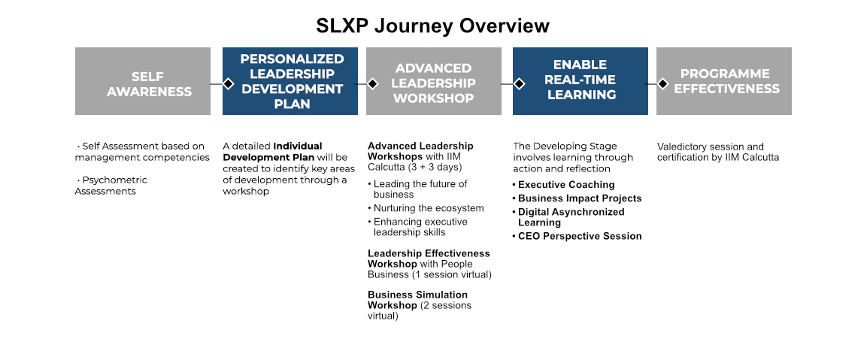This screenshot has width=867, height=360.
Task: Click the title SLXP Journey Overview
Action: coord(433,26)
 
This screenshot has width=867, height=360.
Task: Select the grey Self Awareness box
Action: coord(143,81)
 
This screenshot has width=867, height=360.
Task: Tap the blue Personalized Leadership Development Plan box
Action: coord(290,81)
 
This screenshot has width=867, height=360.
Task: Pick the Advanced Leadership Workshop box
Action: coord(434,81)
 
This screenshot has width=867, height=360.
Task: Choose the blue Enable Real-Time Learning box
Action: coord(581,81)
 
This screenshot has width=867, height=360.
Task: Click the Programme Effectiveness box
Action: coord(724,81)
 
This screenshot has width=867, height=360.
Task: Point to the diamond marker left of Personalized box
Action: coord(229,84)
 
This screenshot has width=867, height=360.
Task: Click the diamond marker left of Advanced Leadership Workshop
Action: coord(373,84)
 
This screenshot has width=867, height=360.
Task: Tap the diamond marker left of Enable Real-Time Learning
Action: coord(519,84)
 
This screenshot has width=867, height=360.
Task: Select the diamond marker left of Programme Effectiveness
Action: coord(663,84)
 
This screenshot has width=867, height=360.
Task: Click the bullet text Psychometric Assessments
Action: coord(111,186)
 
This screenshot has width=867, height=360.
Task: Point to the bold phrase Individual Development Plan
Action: coord(273,152)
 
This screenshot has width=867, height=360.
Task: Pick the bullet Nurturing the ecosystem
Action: coord(426,208)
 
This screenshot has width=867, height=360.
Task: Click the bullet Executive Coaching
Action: coord(563,185)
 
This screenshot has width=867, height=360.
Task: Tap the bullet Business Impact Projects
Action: coord(577,198)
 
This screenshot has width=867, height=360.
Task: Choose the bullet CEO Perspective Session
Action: coord(577,236)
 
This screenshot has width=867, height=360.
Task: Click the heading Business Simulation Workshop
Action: coord(418,300)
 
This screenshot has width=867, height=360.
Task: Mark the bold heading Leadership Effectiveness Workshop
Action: coord(429,259)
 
